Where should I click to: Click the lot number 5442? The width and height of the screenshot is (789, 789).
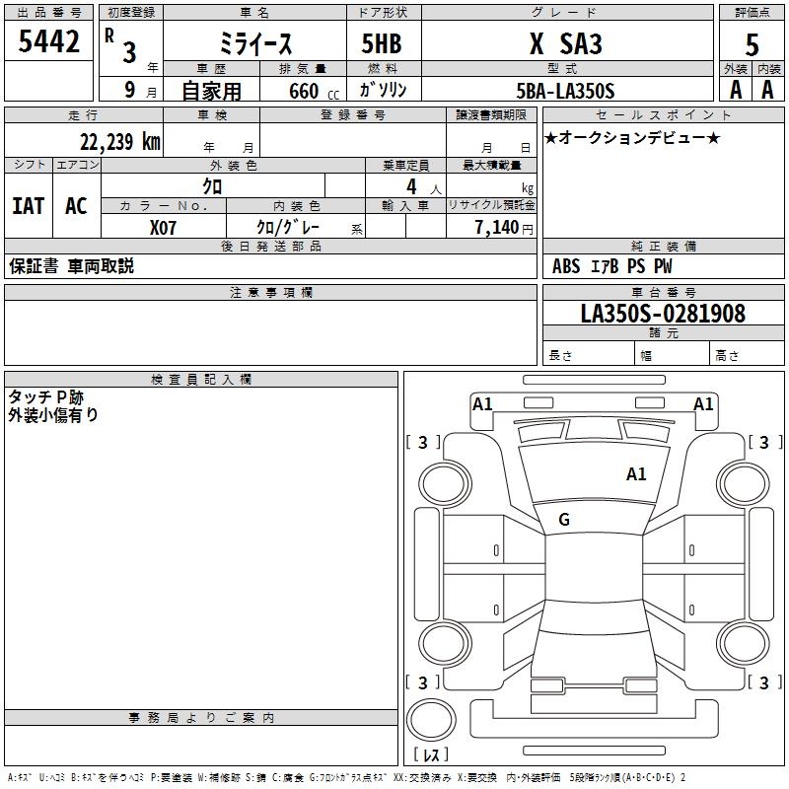pos(48,42)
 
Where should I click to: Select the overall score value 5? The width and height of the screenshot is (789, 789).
pos(752,44)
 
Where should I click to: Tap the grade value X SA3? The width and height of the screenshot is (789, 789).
pos(564,44)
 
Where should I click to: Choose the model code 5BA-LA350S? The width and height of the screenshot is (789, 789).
pos(564,91)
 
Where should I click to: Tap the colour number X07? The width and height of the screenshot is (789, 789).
pos(164,226)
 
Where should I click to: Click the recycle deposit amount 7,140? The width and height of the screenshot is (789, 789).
pos(503,226)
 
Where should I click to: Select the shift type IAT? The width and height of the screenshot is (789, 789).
pos(28,206)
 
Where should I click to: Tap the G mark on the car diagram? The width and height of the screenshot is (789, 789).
pos(564,520)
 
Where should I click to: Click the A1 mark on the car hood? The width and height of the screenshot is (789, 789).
pos(636,474)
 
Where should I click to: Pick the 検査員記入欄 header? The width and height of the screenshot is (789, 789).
pos(201,379)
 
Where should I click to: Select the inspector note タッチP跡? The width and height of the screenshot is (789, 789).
pos(46,396)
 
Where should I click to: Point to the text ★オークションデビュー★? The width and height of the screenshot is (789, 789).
pos(632,138)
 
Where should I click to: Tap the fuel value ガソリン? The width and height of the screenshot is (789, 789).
pos(382,91)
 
